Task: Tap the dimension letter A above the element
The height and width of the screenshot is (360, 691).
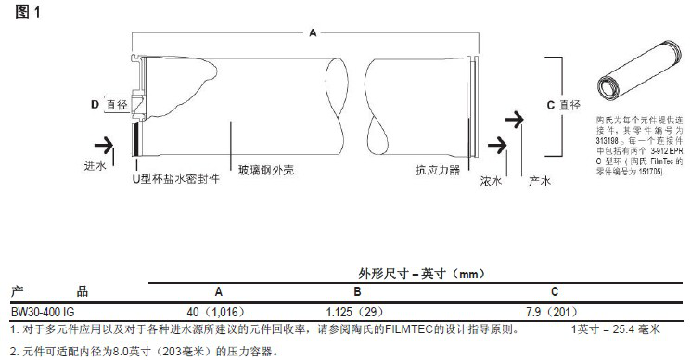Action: tap(312, 32)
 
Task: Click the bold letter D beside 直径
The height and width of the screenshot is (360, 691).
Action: tap(95, 105)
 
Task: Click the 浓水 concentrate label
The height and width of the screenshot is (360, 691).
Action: tap(491, 182)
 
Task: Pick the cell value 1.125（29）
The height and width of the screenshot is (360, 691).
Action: tap(356, 312)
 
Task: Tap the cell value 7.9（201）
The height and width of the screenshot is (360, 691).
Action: tap(553, 312)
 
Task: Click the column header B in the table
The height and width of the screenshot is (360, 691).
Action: tap(356, 290)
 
